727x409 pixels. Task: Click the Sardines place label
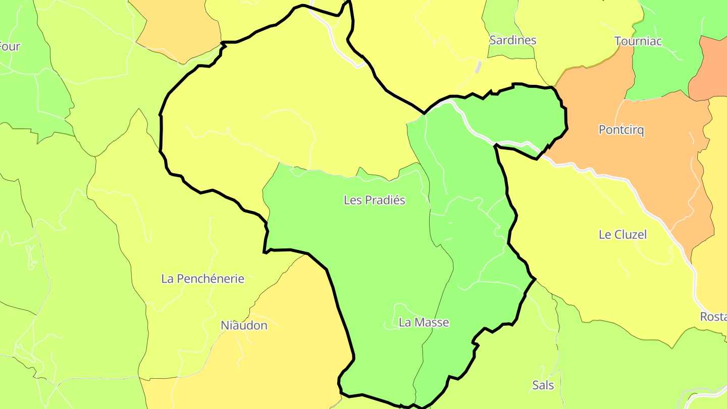pos(512,40)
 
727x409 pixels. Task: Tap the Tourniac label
pos(638,41)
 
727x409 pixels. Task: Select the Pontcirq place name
pos(621,130)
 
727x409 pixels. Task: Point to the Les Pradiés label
pos(374,200)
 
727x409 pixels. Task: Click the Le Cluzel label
pos(622,235)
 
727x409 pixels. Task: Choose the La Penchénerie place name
pos(202,279)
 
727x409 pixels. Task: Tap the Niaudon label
pos(244,326)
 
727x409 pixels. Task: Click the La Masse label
pos(424,322)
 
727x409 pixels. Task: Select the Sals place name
pos(543,386)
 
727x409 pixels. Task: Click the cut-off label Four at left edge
pos(10,47)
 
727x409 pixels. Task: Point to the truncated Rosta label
pos(713,317)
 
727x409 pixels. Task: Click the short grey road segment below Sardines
pos(478,67)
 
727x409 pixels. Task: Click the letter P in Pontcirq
pos(602,130)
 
